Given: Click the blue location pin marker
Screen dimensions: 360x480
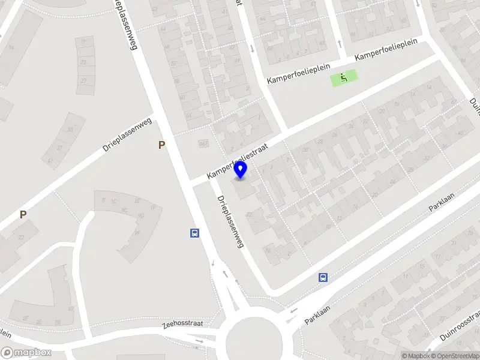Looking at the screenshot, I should point(241,170).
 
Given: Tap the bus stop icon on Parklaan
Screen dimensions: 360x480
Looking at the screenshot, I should point(323,277).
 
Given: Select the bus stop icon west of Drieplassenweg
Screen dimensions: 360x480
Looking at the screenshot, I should point(195,233).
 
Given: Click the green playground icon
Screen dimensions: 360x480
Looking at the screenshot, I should point(343,77).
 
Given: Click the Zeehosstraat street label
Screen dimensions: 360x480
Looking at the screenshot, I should point(182,324).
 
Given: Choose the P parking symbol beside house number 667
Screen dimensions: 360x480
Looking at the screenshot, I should point(161,145).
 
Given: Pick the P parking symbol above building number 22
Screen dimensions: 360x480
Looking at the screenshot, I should point(23,214).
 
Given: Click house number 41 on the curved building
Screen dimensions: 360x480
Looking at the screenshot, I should point(50,161).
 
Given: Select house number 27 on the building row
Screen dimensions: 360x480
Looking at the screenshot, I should point(83,80).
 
